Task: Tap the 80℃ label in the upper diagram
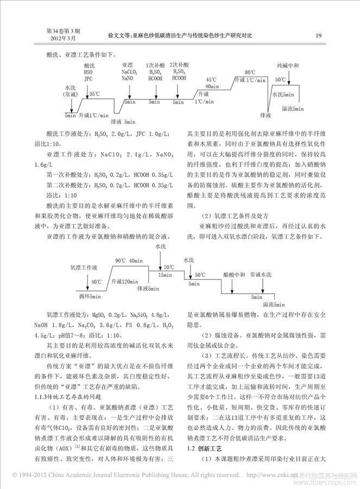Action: pyautogui.click(x=250, y=72)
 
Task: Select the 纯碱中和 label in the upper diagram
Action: pyautogui.click(x=288, y=66)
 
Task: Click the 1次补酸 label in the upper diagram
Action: pyautogui.click(x=155, y=65)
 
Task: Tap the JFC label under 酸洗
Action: pyautogui.click(x=89, y=78)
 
